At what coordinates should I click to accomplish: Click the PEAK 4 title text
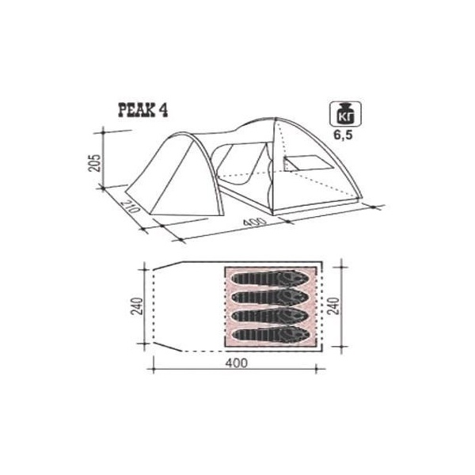[x=142, y=110]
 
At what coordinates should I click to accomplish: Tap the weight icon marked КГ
[x=346, y=113]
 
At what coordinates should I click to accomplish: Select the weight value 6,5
[x=344, y=135]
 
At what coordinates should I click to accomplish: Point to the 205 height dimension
[x=96, y=163]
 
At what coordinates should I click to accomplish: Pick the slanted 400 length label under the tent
[x=255, y=222]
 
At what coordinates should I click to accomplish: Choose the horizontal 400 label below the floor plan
[x=236, y=363]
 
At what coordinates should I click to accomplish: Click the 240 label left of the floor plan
[x=137, y=306]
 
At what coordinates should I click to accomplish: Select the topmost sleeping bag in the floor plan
[x=270, y=278]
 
